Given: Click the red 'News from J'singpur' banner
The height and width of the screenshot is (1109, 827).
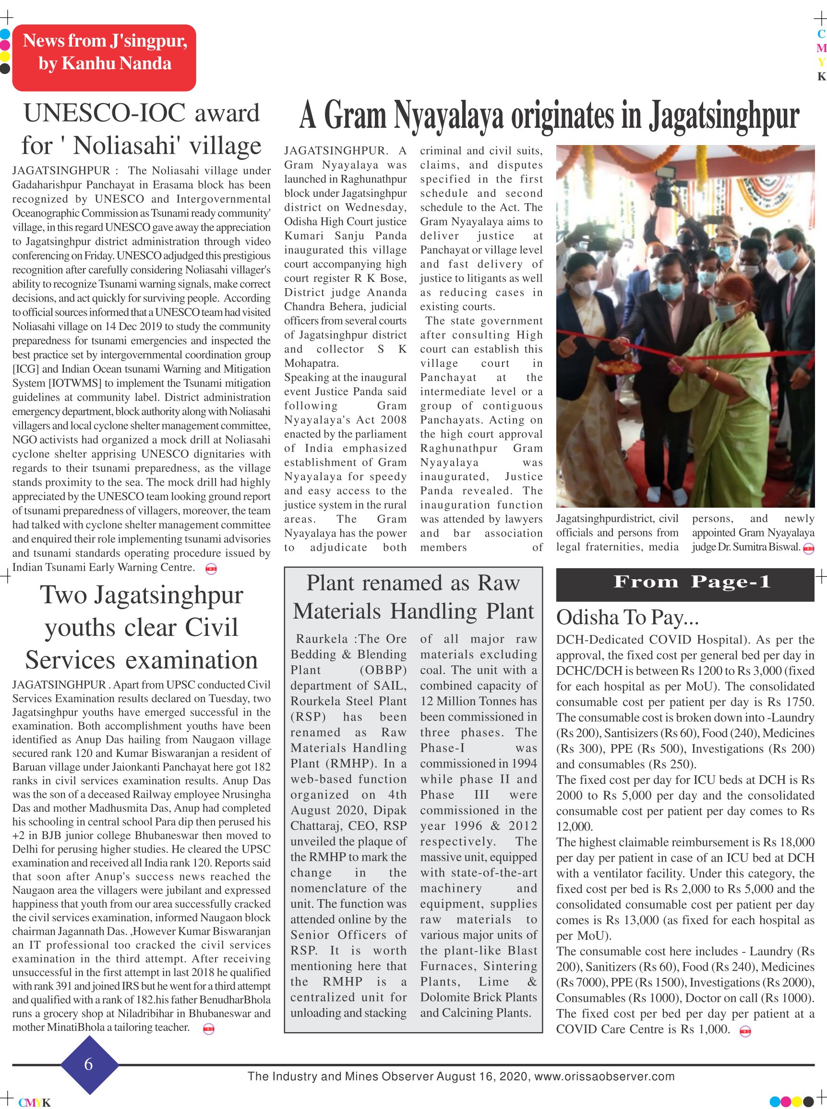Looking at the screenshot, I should tap(104, 58).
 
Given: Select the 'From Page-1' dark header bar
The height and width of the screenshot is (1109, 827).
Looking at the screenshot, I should tap(685, 584).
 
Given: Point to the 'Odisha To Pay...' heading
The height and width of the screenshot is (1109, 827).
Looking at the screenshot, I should tap(627, 618).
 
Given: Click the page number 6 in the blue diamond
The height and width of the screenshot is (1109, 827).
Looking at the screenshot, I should tap(89, 1064).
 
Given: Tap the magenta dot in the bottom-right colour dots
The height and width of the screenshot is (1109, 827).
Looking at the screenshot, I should tap(786, 1101).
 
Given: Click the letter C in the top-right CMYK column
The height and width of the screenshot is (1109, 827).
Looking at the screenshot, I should tap(821, 34).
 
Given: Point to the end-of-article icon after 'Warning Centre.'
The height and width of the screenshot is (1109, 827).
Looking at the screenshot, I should tap(211, 569).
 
